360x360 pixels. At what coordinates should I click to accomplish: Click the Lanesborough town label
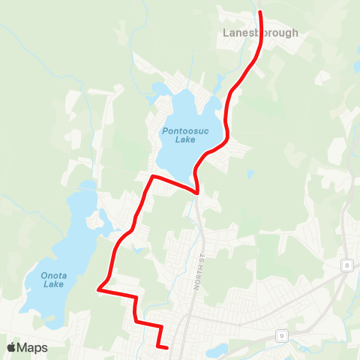(x=260, y=33)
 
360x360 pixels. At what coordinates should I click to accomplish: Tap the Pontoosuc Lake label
(x=179, y=134)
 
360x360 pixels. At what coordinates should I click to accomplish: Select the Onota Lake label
(x=54, y=280)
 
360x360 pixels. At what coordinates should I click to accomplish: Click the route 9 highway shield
(x=281, y=334)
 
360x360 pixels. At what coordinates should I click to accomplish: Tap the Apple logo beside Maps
(x=11, y=347)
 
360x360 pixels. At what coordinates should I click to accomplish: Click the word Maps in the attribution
(x=32, y=347)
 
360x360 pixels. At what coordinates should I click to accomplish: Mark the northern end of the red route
(x=260, y=13)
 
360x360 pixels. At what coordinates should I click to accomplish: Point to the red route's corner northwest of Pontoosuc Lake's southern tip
(x=152, y=177)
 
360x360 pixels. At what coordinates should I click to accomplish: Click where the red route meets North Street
(x=197, y=193)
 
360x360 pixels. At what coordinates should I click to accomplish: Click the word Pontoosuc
(x=179, y=130)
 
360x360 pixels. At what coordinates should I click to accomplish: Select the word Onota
(x=54, y=275)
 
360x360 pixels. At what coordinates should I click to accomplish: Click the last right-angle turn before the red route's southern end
(x=160, y=327)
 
